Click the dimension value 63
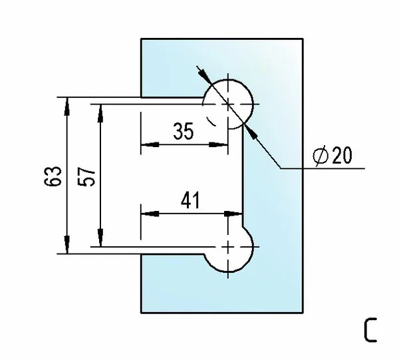point(53,176)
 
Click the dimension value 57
point(86,177)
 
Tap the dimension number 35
point(184,131)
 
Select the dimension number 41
point(191,200)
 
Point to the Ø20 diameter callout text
point(332,155)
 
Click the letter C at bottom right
point(370,330)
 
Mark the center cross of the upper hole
point(228,104)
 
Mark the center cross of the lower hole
point(228,247)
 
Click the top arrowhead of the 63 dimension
point(67,106)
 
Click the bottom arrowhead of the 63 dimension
point(67,245)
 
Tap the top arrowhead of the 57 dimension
point(101,113)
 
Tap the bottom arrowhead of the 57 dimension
point(101,238)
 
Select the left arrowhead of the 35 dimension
point(150,144)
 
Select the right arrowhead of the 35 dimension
point(218,144)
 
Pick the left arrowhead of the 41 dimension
point(150,214)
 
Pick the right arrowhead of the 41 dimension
point(233,214)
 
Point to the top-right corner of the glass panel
point(303,39)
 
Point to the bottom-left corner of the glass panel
point(141,313)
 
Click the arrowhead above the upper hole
point(205,76)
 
